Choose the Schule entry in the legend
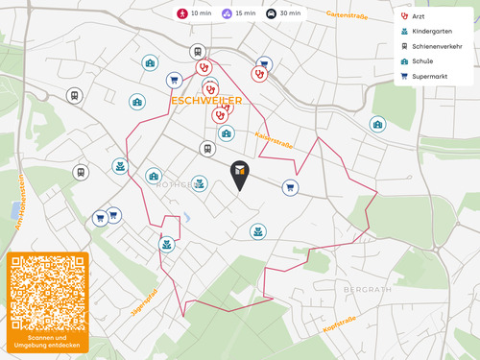(x=428, y=60)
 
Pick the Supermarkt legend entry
(x=433, y=75)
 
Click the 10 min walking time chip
(x=196, y=13)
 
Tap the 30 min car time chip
(x=284, y=13)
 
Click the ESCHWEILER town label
(x=206, y=100)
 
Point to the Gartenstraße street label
(x=348, y=15)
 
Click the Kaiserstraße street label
(x=275, y=140)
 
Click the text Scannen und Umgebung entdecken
(x=48, y=342)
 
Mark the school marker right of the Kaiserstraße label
(x=377, y=124)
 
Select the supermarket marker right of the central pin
(x=289, y=187)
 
